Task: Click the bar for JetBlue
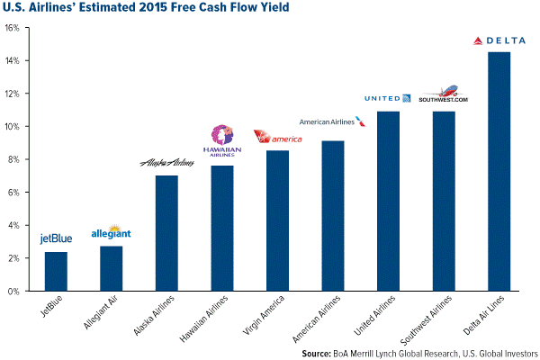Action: tap(56, 271)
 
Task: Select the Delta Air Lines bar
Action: tap(498, 171)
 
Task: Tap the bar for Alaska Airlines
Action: tap(166, 233)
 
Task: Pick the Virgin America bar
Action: tap(277, 220)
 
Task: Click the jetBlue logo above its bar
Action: tap(56, 238)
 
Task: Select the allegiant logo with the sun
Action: tap(112, 232)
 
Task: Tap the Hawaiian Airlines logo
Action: tap(221, 142)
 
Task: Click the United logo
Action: tap(387, 98)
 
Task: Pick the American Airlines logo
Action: tap(332, 121)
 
